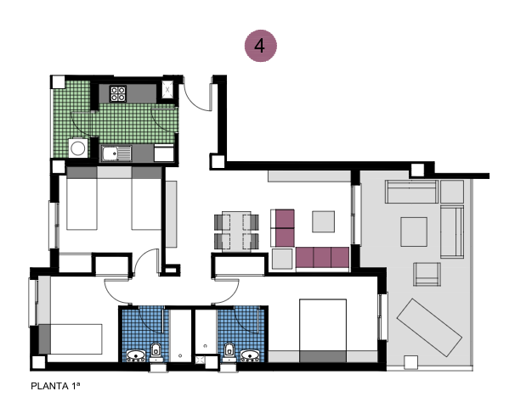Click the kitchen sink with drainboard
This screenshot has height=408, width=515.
pyautogui.click(x=114, y=154)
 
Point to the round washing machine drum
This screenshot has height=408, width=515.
pyautogui.click(x=77, y=148)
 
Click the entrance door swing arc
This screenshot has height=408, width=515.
pyautogui.click(x=201, y=95)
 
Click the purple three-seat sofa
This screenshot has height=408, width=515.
pyautogui.click(x=322, y=258)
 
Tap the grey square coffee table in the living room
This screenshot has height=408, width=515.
pyautogui.click(x=324, y=221)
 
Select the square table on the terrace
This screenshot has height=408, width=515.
pyautogui.click(x=414, y=231)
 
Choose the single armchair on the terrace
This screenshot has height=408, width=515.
pyautogui.click(x=427, y=275)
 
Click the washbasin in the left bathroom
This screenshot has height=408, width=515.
pyautogui.click(x=135, y=355)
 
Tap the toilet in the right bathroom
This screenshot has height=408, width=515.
pyautogui.click(x=229, y=349)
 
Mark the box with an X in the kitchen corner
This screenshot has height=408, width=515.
pyautogui.click(x=168, y=88)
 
